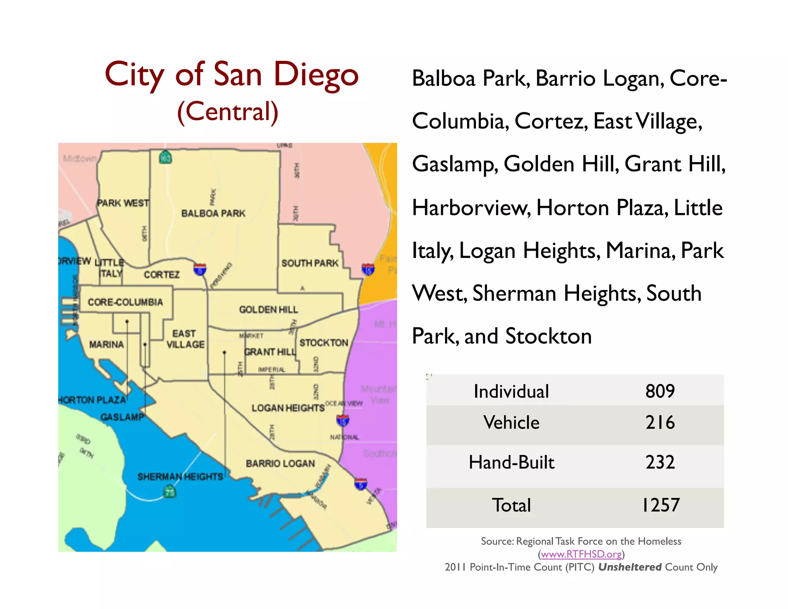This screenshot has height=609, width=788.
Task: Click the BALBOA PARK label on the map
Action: click(213, 213)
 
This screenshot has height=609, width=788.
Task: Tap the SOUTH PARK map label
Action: click(310, 263)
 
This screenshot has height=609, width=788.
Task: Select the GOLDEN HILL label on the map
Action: click(269, 310)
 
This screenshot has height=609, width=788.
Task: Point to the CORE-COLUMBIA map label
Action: click(125, 302)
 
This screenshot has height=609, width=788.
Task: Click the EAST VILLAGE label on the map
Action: click(185, 339)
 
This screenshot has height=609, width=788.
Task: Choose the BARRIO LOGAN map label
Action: click(280, 463)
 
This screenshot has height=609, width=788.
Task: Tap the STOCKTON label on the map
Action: click(324, 343)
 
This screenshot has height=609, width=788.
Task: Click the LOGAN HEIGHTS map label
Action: click(288, 408)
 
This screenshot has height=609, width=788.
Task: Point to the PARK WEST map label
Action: click(123, 203)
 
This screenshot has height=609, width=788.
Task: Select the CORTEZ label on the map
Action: click(162, 274)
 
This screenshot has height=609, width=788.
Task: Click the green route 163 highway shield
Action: click(165, 157)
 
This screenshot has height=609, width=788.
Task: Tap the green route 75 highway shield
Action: click(170, 492)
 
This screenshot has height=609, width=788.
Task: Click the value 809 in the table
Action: click(660, 391)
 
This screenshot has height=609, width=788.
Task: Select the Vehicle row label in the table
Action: click(511, 422)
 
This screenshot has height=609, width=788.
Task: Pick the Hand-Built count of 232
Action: click(660, 462)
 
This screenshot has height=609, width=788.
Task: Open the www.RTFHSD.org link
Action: click(581, 554)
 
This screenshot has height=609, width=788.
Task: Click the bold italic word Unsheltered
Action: click(629, 567)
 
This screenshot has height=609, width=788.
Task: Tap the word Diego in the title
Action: click(316, 74)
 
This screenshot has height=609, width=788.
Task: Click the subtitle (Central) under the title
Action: click(228, 112)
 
